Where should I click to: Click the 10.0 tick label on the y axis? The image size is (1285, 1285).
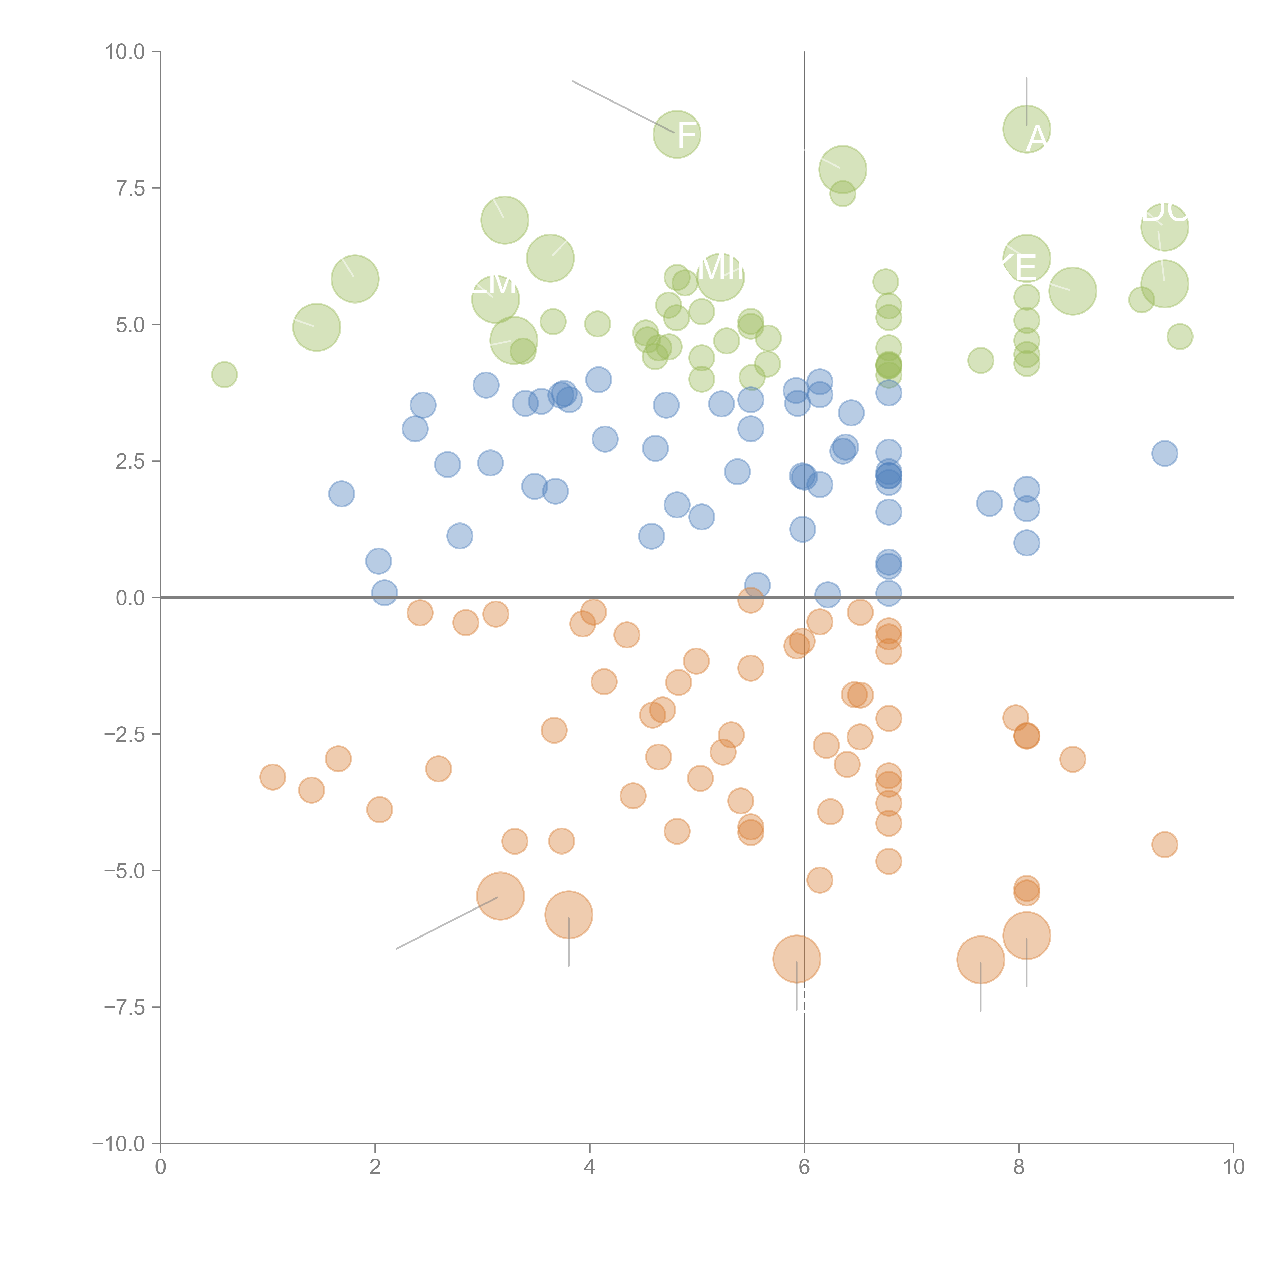click(125, 52)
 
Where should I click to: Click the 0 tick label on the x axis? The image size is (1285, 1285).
click(160, 1167)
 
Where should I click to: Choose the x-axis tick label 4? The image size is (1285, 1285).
click(589, 1167)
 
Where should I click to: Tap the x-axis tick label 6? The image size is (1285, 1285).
click(804, 1167)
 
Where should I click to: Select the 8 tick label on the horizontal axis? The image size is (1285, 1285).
click(1019, 1167)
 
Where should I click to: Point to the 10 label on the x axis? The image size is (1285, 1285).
click(1233, 1167)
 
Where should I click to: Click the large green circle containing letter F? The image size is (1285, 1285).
click(677, 134)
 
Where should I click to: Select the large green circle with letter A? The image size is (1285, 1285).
click(1026, 129)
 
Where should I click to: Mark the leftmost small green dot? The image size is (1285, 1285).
click(224, 374)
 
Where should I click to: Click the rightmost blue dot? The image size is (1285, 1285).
click(1165, 454)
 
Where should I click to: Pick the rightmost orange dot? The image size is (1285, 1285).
click(1165, 845)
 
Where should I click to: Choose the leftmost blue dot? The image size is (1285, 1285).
click(341, 493)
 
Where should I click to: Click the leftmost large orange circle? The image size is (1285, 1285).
click(500, 896)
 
